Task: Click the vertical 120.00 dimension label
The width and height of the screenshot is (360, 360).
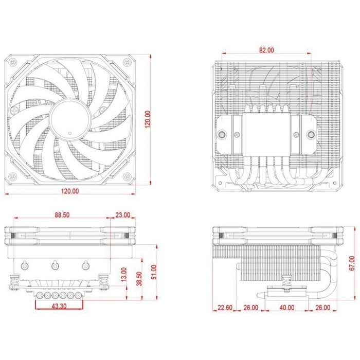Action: [148, 122]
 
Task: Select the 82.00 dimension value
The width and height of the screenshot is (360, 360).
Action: [266, 50]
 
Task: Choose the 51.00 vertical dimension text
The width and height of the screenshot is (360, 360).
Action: [154, 270]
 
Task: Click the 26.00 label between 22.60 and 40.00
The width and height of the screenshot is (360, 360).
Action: [251, 308]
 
